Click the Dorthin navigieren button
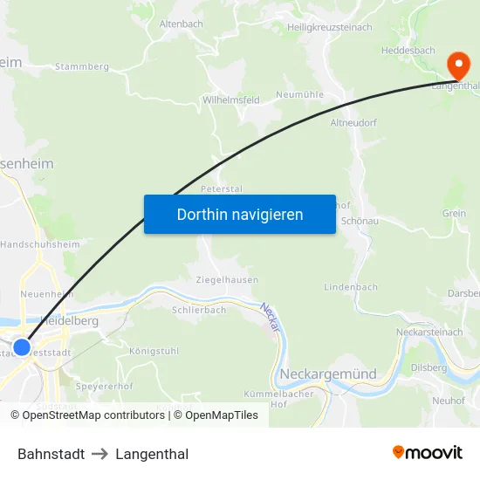(240, 214)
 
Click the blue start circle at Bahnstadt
(23, 346)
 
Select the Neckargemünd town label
(328, 374)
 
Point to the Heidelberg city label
(70, 321)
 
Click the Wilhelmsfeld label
(231, 100)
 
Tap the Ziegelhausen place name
(227, 280)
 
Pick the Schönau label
(359, 222)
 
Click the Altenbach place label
(180, 24)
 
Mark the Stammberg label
(81, 66)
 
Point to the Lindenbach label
(351, 287)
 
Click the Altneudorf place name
(353, 123)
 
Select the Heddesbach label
(408, 51)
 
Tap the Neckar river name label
(270, 316)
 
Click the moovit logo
(428, 452)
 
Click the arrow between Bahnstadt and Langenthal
(99, 454)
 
